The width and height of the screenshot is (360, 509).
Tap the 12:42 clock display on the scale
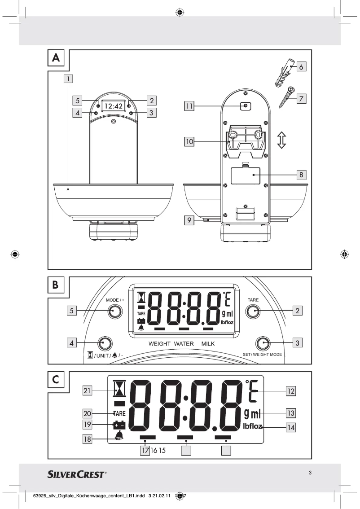point(113,106)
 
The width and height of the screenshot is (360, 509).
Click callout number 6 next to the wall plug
point(301,66)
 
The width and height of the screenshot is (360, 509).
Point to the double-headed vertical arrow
point(281,140)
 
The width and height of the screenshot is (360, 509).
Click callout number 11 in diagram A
point(189,106)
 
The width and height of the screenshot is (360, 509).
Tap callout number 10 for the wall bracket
point(189,142)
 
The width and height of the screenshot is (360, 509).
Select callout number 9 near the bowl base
point(189,220)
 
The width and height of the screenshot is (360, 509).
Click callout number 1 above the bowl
point(67,79)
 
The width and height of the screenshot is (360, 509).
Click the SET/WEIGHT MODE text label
point(262,355)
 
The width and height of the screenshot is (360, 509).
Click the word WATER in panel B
point(183,344)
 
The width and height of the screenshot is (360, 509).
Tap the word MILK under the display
point(208,344)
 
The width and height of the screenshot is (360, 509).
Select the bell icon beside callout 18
point(119,436)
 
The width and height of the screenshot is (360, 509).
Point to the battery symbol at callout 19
point(119,424)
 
